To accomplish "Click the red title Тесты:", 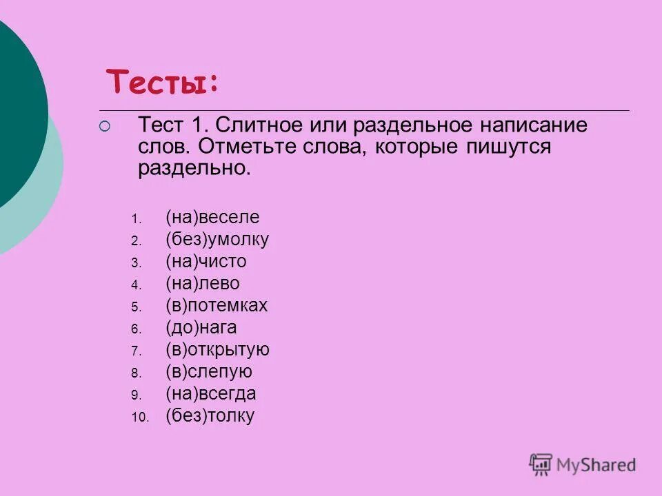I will [x=163, y=83].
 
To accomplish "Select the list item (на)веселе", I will [x=212, y=218].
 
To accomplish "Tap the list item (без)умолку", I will [x=217, y=240].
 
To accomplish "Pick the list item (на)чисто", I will [x=205, y=262].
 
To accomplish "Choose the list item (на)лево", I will [x=203, y=284].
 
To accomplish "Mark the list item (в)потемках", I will [x=216, y=306].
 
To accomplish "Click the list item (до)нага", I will [x=201, y=328].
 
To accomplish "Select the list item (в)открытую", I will [x=217, y=350].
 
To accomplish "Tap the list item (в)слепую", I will [x=209, y=372].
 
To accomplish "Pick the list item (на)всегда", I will [x=210, y=394].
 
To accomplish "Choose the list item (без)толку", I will [x=210, y=416].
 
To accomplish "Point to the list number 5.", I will [x=136, y=307].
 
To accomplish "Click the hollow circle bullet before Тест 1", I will [x=104, y=126].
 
